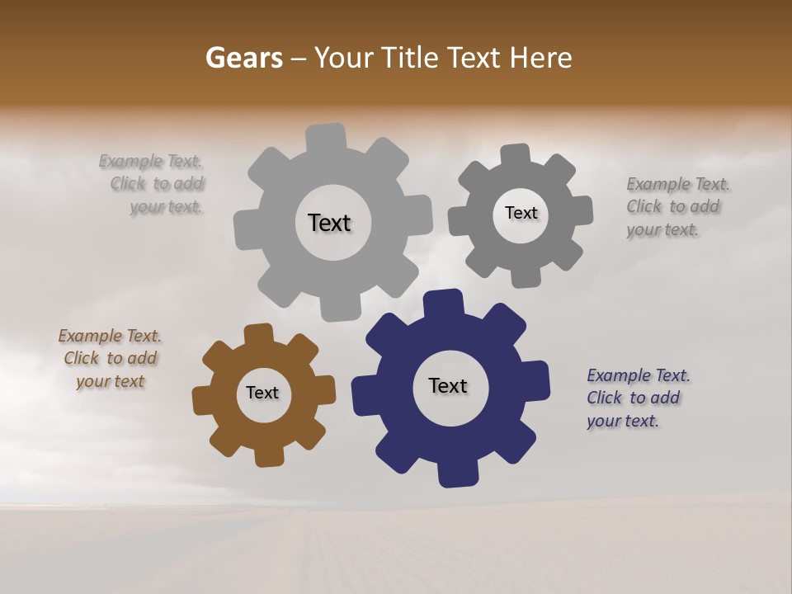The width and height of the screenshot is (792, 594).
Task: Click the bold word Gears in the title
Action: (244, 58)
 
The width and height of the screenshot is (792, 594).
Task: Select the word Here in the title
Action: (540, 58)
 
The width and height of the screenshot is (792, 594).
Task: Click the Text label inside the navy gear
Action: (448, 386)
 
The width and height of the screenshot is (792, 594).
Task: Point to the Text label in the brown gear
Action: (262, 394)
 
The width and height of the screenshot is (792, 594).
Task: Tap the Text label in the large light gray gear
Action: (329, 223)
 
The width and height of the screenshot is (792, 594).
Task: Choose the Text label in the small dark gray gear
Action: (521, 213)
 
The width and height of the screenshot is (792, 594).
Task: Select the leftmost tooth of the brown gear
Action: (203, 400)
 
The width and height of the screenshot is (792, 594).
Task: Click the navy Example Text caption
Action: (638, 398)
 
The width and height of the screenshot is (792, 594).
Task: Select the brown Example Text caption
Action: (110, 359)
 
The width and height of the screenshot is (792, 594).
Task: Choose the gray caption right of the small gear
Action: (677, 206)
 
